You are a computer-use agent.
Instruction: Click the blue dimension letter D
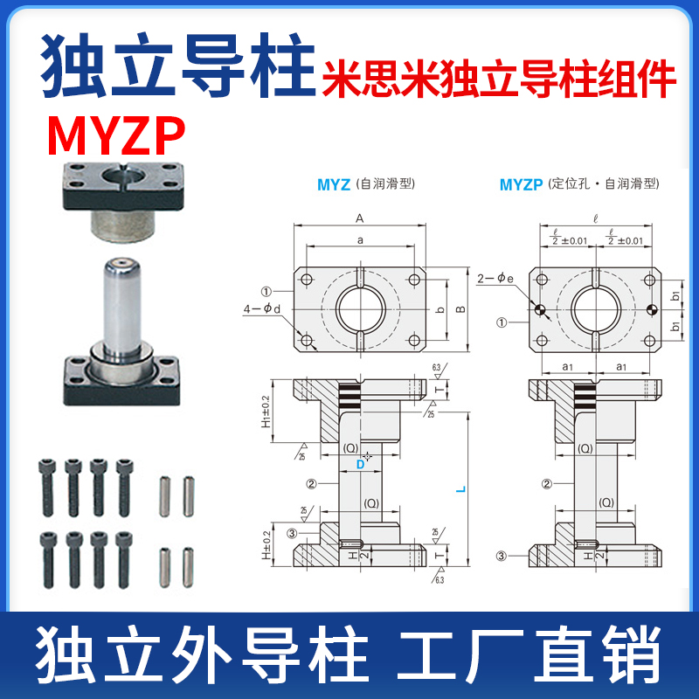point(359,466)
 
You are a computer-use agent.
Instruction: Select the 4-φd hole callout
point(265,308)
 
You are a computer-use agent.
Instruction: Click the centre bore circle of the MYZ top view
point(359,308)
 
